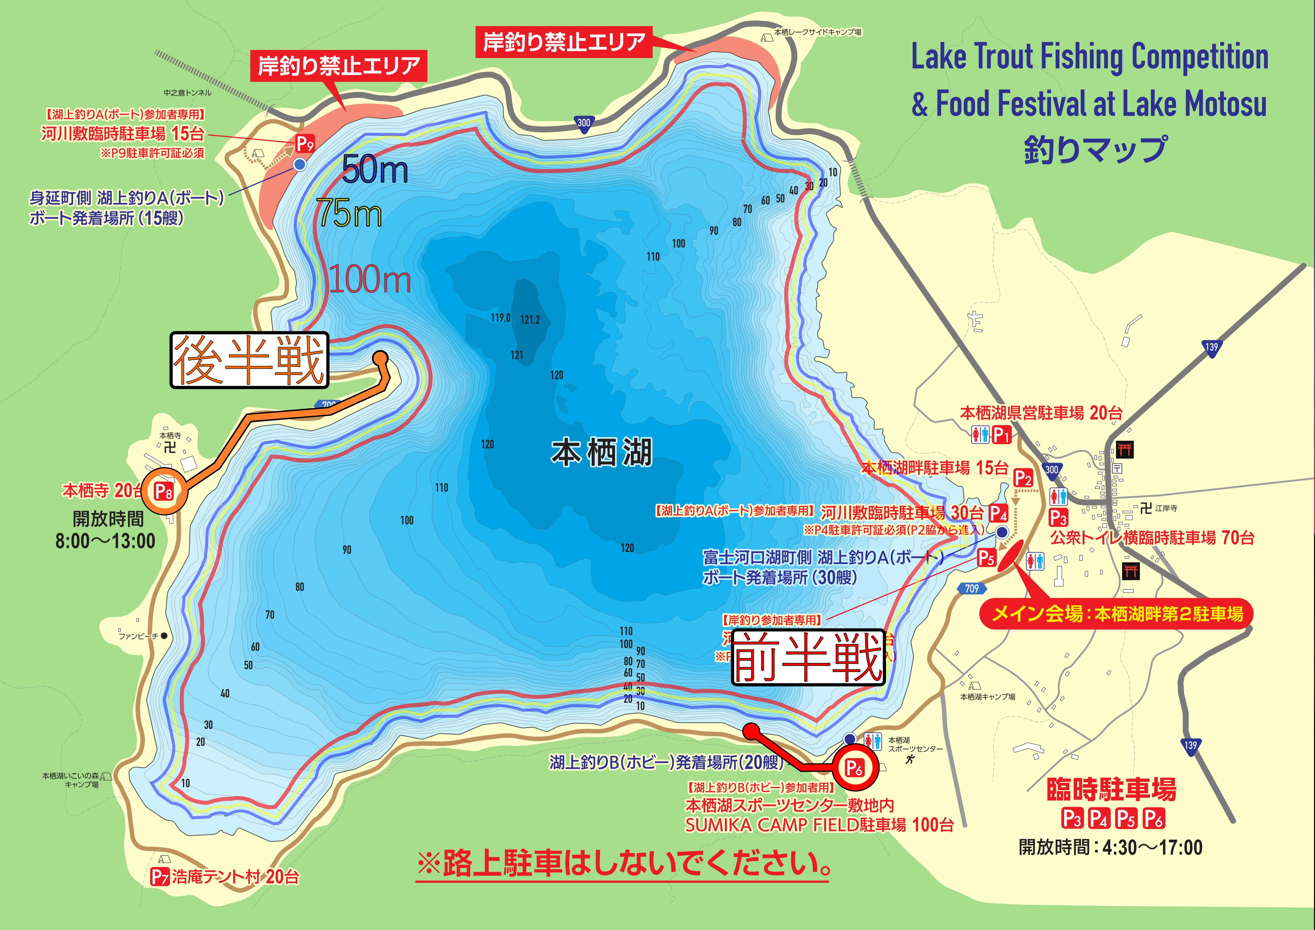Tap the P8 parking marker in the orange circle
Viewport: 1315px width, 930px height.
pos(164,491)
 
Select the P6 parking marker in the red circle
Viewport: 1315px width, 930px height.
pos(854,768)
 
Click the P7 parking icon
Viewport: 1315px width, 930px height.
pos(160,877)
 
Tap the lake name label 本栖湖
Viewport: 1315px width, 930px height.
pos(601,453)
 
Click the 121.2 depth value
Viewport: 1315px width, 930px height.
pos(530,320)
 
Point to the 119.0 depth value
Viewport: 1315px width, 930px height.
pos(500,318)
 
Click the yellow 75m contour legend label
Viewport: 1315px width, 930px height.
pos(349,214)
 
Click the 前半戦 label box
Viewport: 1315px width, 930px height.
pos(808,658)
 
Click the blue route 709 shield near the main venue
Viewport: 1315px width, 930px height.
pos(971,588)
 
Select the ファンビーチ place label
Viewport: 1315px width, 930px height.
pos(139,636)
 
